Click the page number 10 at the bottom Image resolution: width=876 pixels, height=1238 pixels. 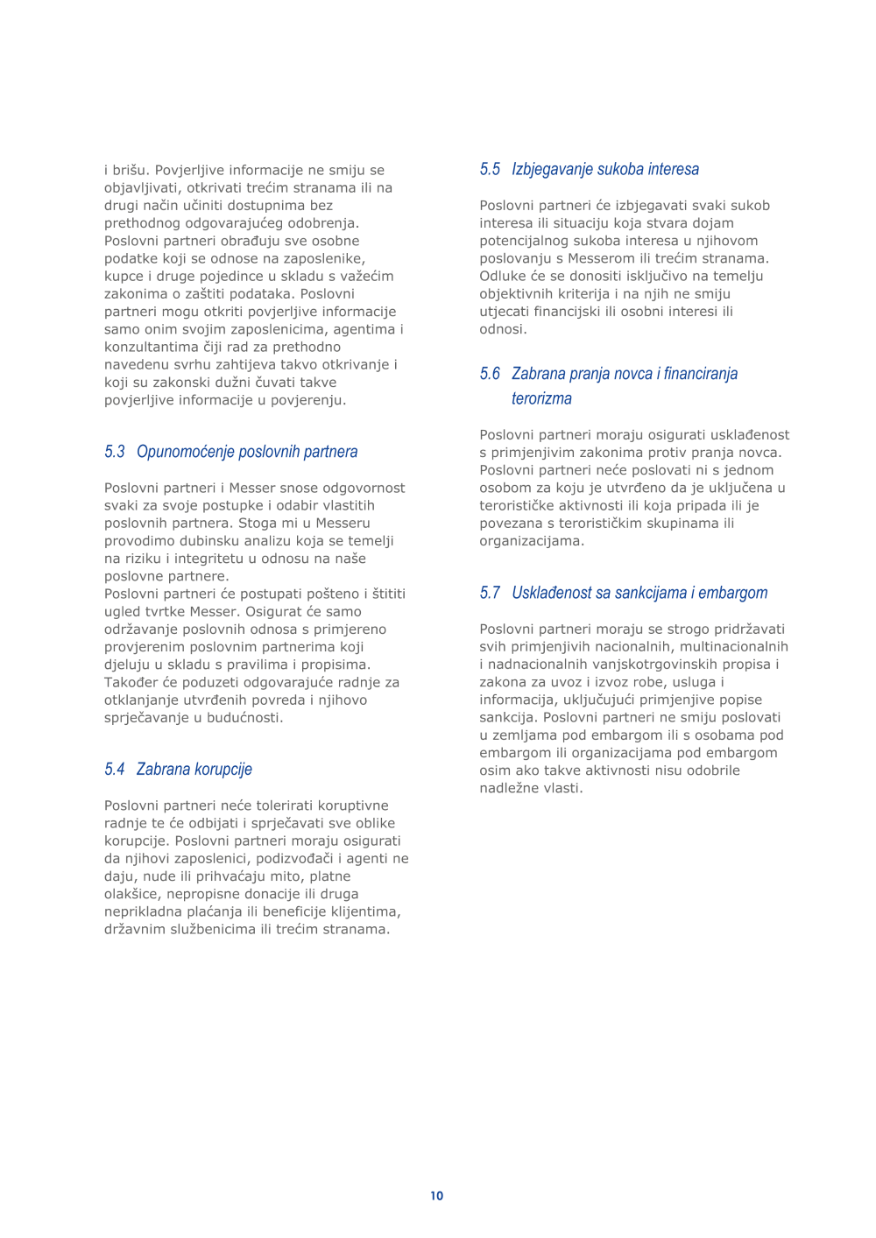pyautogui.click(x=436, y=1195)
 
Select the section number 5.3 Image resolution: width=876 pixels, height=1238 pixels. pyautogui.click(x=115, y=452)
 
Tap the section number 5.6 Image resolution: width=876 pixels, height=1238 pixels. pyautogui.click(x=490, y=374)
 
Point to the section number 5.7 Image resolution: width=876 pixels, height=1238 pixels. pyautogui.click(x=490, y=593)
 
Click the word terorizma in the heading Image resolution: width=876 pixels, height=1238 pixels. pyautogui.click(x=541, y=398)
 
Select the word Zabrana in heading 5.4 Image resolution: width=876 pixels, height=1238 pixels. pyautogui.click(x=164, y=770)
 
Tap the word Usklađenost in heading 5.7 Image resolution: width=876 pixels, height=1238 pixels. pyautogui.click(x=550, y=593)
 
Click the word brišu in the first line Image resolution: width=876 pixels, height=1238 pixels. pyautogui.click(x=128, y=170)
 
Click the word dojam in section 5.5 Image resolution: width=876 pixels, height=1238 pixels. pyautogui.click(x=713, y=223)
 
